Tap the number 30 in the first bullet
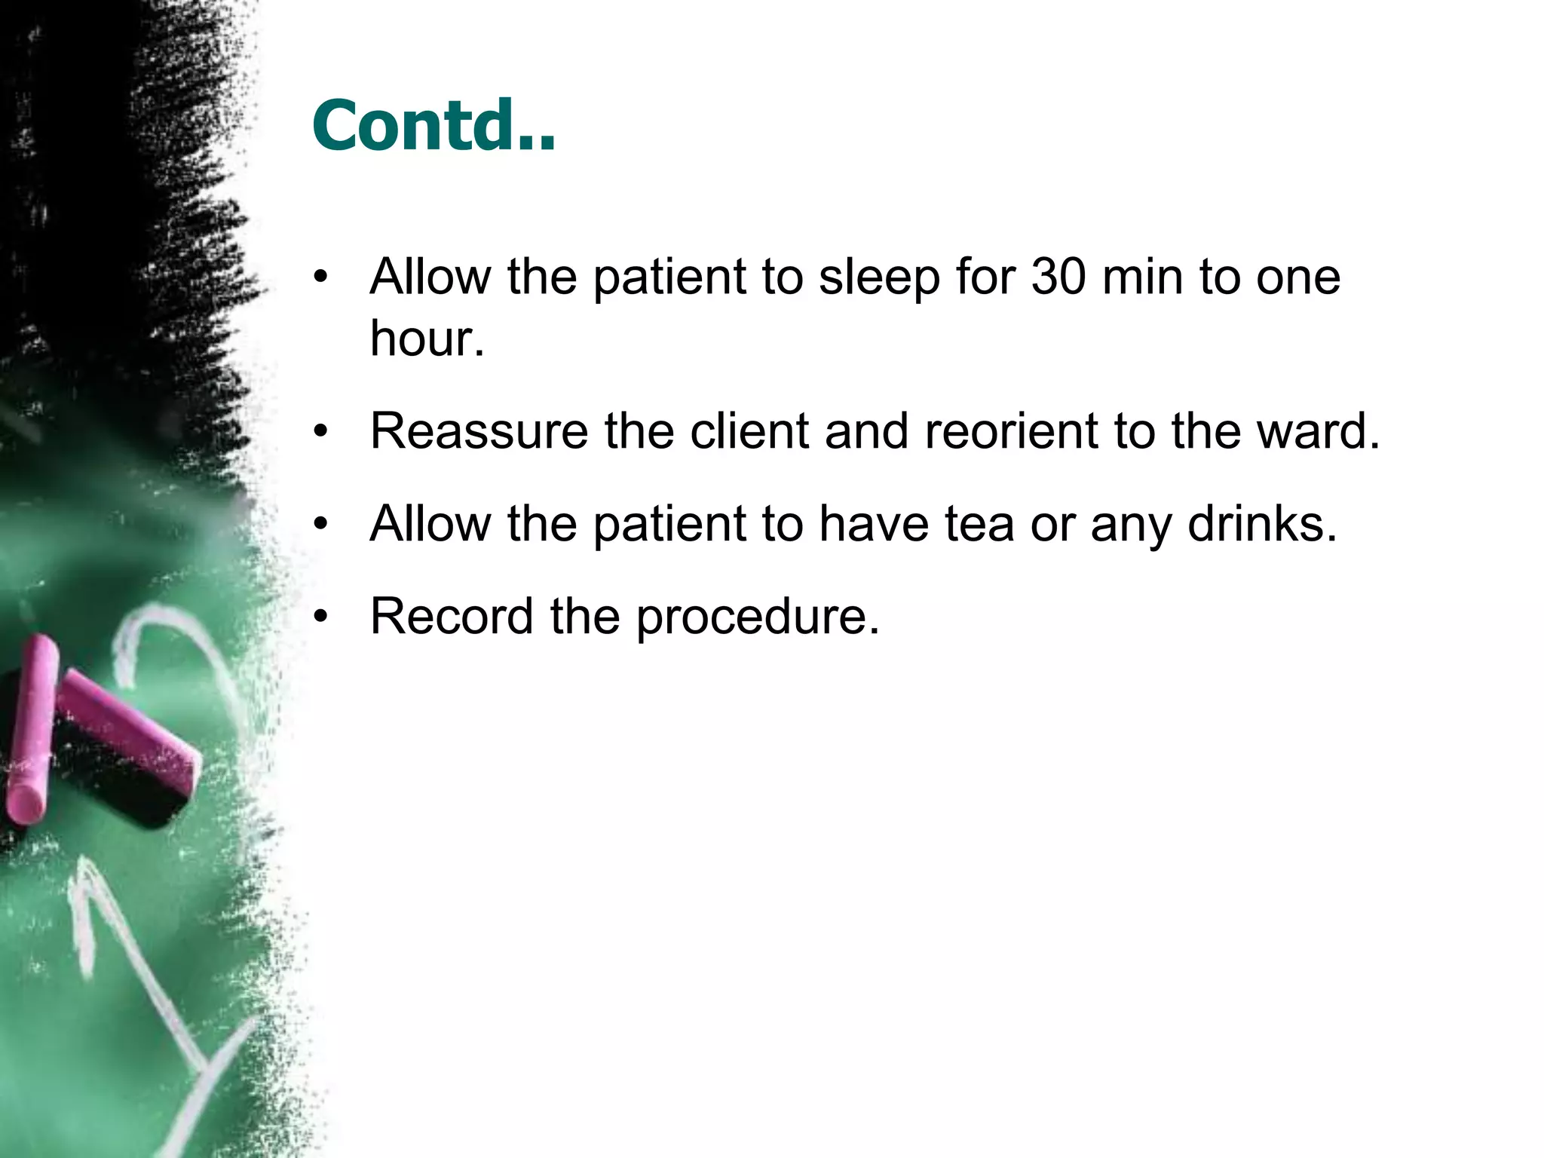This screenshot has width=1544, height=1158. pos(1058,277)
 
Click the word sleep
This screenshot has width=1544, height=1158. pos(879,278)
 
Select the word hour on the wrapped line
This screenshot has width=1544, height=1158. pos(421,339)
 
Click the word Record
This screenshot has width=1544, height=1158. pos(452,617)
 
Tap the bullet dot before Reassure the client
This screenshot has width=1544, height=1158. pos(322,433)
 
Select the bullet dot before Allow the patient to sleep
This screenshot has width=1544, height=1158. pos(322,278)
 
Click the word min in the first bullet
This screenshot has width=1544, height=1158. pos(1143,277)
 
